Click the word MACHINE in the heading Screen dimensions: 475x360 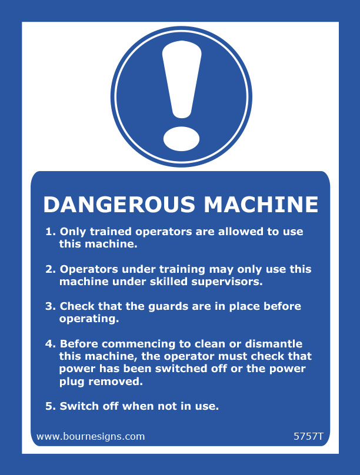point(261,205)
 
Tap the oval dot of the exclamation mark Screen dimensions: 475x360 point(181,139)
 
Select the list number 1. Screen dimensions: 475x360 point(50,232)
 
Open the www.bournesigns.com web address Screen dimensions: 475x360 point(91,436)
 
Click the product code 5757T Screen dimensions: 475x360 point(308,436)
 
